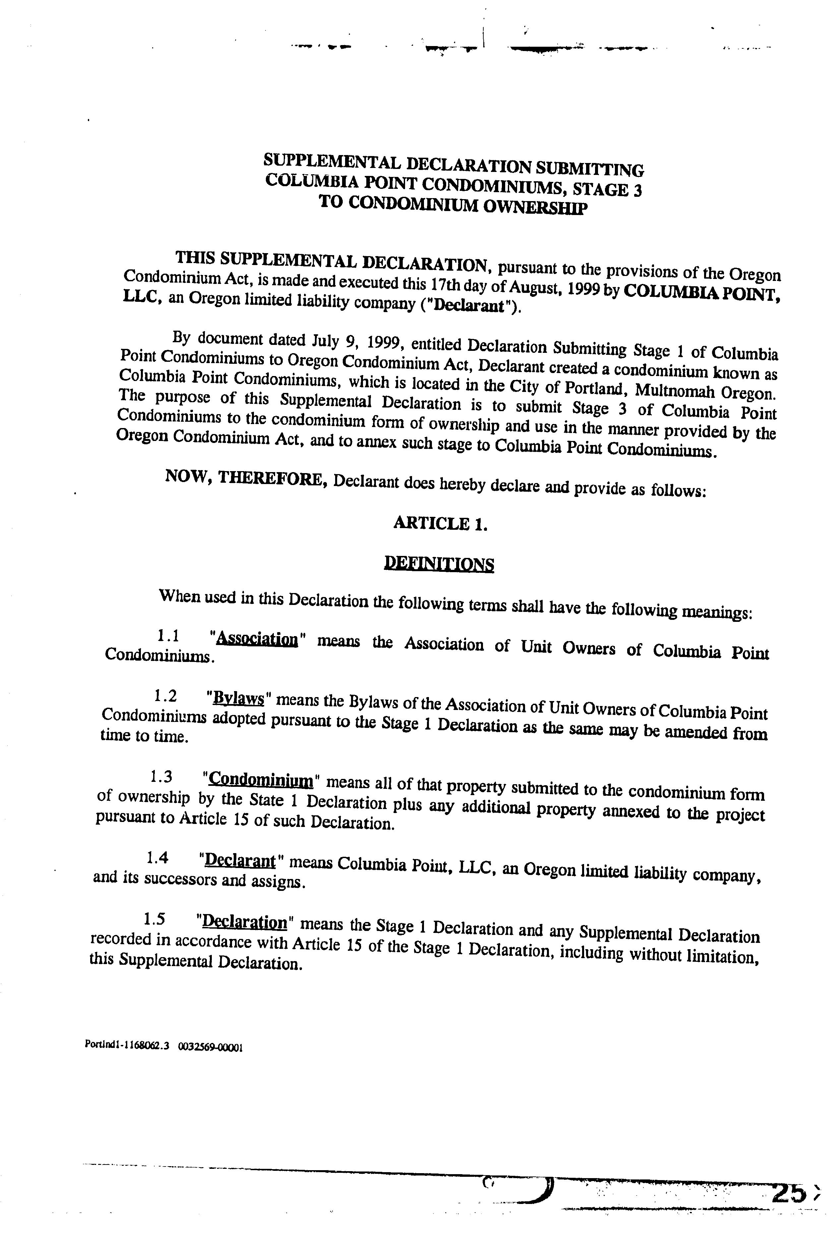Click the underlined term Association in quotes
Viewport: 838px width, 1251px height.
coord(258,639)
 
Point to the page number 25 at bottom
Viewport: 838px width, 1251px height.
coord(788,1193)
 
